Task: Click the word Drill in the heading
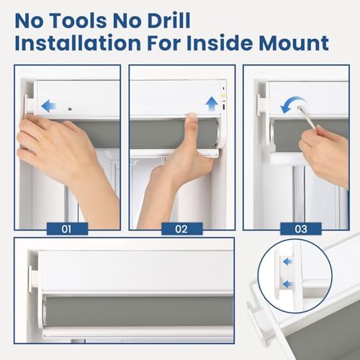coord(168,20)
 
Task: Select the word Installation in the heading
coord(78,42)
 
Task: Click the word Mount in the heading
coord(294,42)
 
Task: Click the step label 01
coord(67,229)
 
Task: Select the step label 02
coord(181,229)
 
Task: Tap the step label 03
coord(301,229)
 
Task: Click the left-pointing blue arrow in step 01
coord(49,106)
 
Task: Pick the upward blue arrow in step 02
coord(212,104)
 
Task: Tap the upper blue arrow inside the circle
coord(288,261)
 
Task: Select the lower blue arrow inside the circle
coord(288,284)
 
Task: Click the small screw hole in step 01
coord(70,109)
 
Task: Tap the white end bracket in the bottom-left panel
coord(34,279)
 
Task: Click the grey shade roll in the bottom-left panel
coord(139,312)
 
